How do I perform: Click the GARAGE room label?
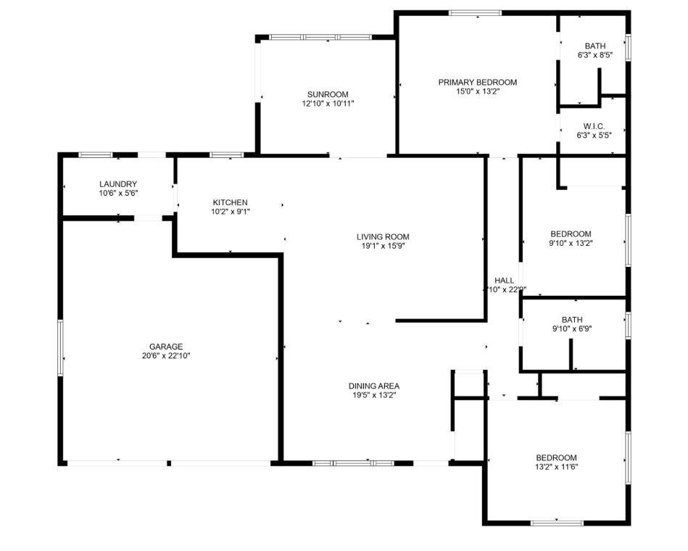(x=166, y=347)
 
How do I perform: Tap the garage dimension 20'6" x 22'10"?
(x=166, y=356)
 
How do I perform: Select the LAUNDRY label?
(x=118, y=184)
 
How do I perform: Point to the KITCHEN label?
(x=230, y=202)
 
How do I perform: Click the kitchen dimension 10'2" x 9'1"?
(x=230, y=212)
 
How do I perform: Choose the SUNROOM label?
(x=328, y=94)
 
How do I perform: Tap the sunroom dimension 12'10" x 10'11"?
(x=328, y=104)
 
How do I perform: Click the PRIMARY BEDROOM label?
(x=477, y=82)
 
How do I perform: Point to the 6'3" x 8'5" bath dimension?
(x=595, y=55)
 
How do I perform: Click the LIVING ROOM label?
(x=383, y=236)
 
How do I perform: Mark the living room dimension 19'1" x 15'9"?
(x=383, y=246)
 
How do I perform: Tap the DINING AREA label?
(x=374, y=386)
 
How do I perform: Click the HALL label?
(x=504, y=280)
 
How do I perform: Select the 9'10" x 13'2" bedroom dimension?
(x=571, y=243)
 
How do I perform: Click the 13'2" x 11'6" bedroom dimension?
(x=556, y=467)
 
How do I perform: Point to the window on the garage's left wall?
(x=61, y=347)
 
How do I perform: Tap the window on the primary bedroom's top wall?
(x=475, y=12)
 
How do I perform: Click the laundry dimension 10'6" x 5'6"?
(x=118, y=194)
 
